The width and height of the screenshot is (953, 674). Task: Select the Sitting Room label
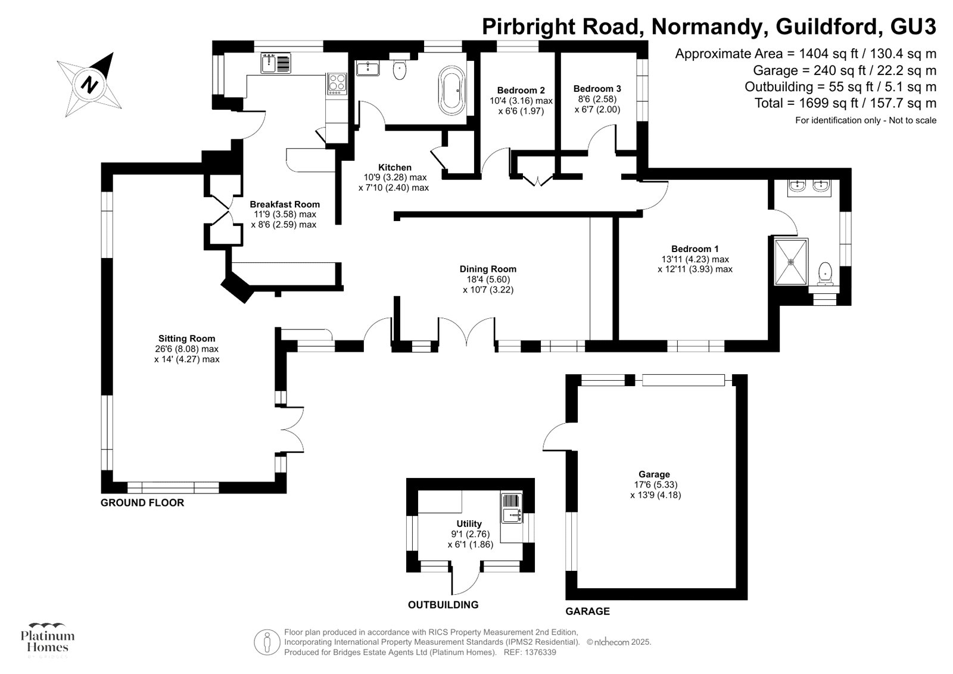click(x=186, y=338)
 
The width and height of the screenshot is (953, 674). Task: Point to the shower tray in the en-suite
click(x=791, y=261)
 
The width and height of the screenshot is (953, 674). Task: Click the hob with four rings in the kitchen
click(x=337, y=83)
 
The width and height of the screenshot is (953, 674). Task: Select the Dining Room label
click(x=487, y=269)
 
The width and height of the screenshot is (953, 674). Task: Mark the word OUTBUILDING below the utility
click(x=443, y=605)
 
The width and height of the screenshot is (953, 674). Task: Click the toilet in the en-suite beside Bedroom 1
click(x=826, y=272)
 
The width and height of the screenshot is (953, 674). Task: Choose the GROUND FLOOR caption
click(x=142, y=502)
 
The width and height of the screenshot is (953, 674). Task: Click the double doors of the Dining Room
click(x=466, y=333)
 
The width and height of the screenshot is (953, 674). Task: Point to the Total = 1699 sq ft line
click(x=845, y=103)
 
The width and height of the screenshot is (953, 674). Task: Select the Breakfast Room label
click(x=284, y=204)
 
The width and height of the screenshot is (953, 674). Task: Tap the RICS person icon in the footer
click(x=267, y=642)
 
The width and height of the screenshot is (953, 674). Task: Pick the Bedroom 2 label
click(x=521, y=91)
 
